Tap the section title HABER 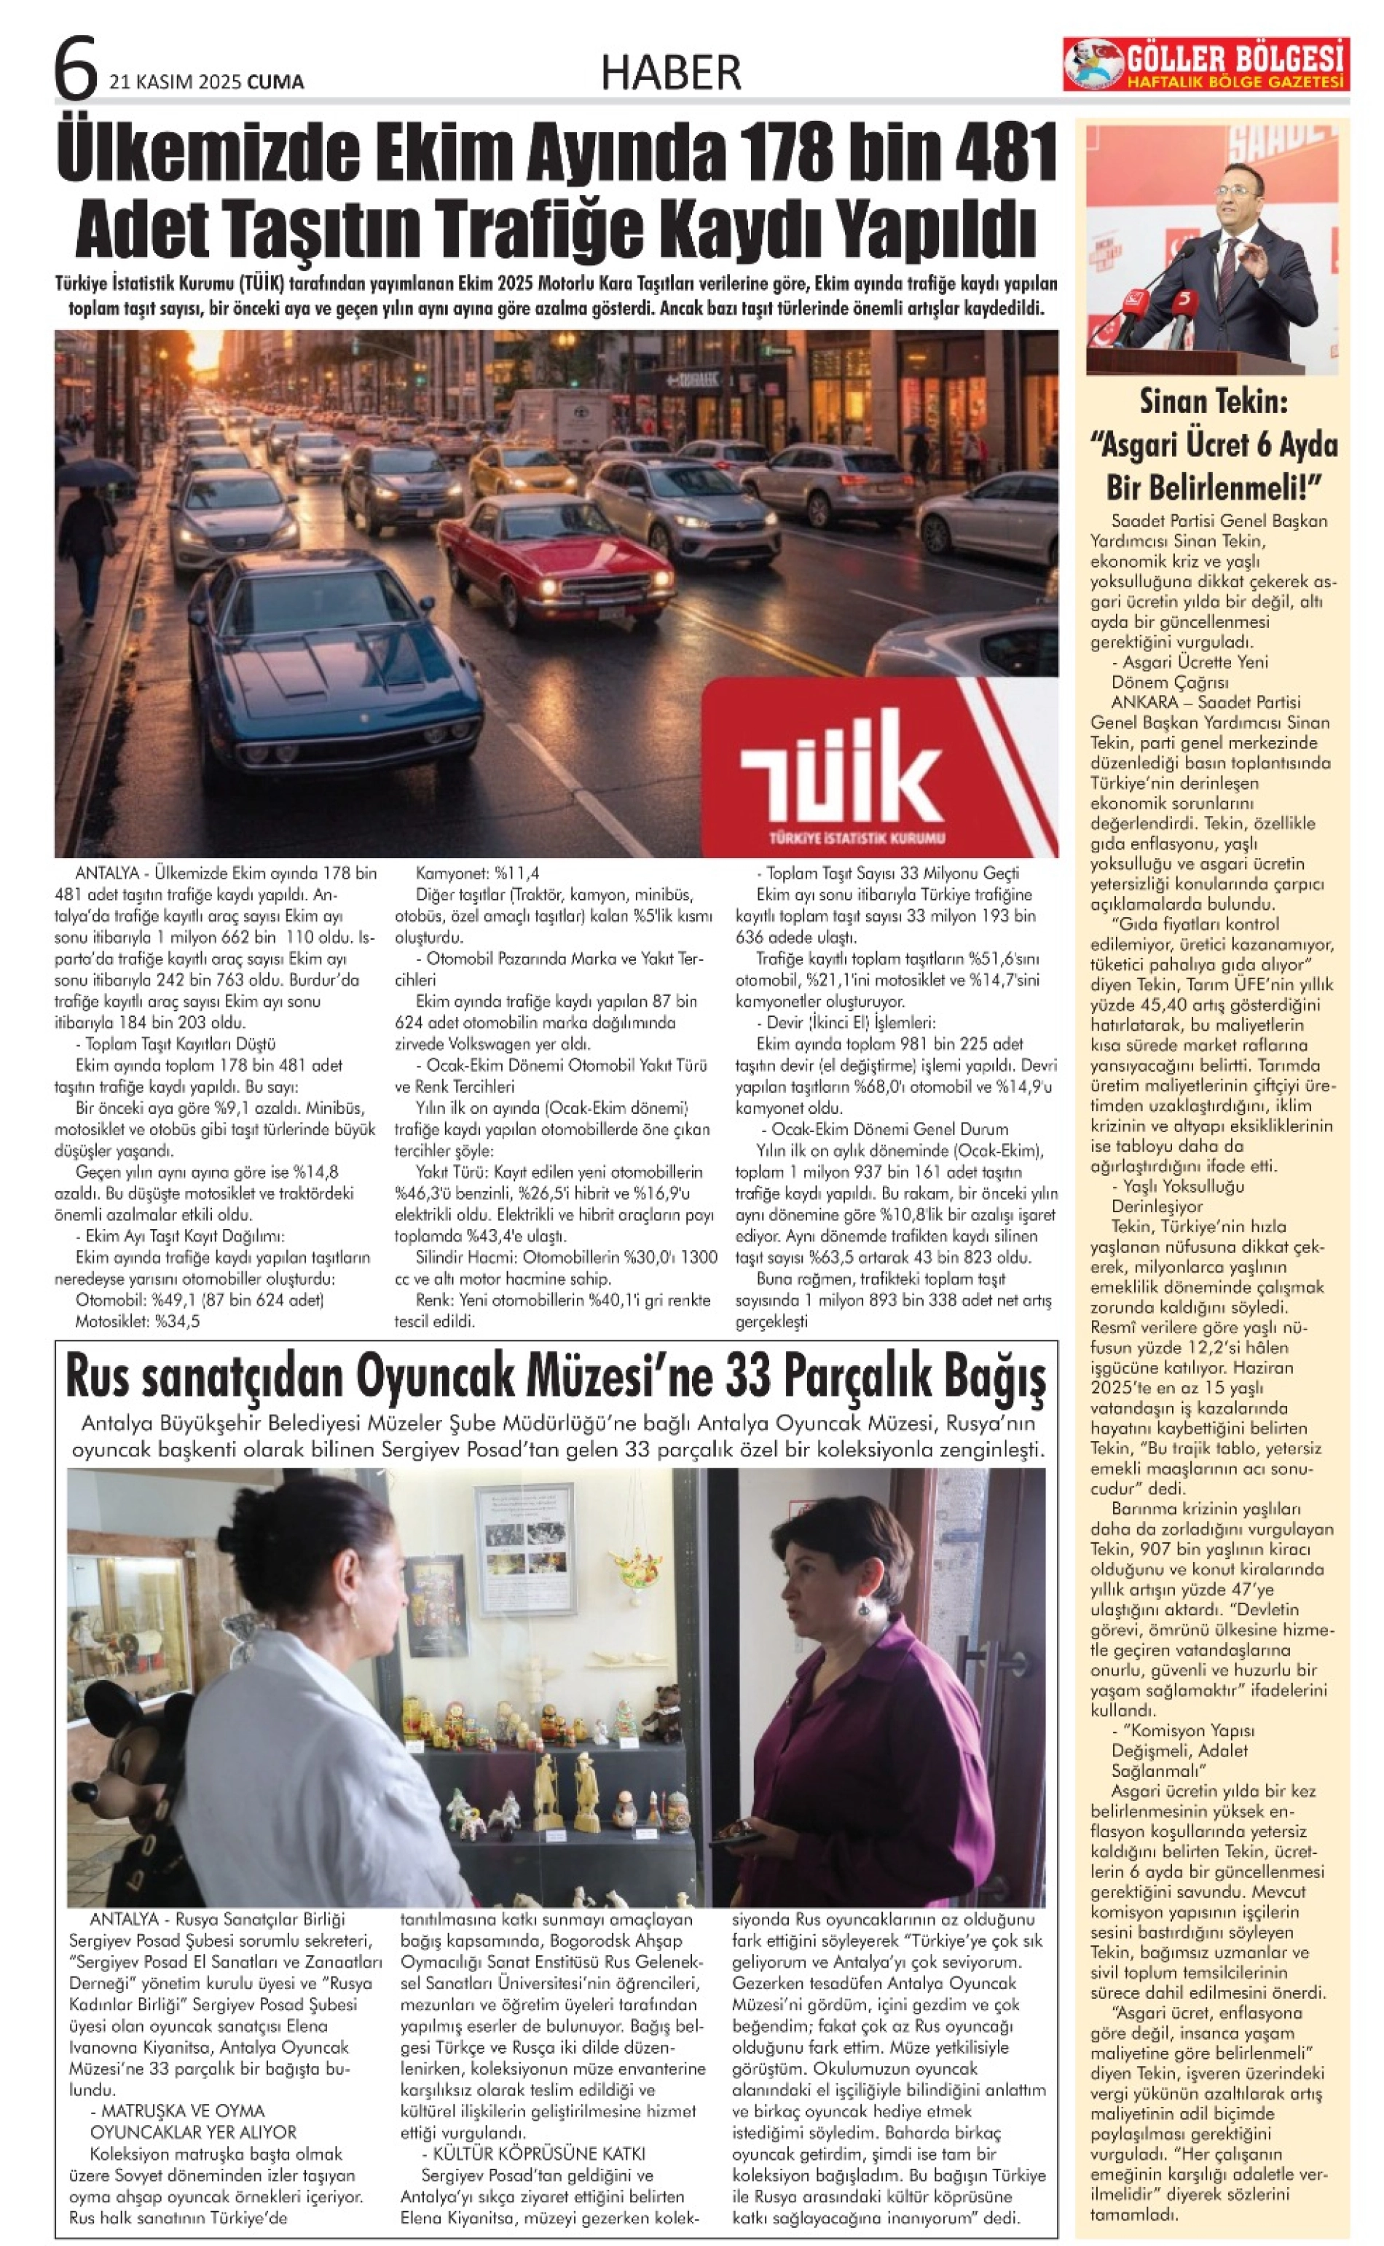(x=671, y=71)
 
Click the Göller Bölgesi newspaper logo (x=1206, y=64)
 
